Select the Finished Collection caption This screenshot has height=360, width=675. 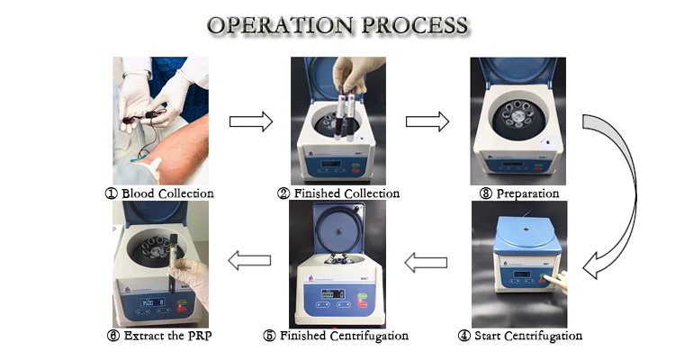[339, 193]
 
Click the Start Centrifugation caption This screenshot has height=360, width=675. [519, 336]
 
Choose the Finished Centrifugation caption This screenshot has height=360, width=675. [339, 336]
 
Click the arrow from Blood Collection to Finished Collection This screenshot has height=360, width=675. [251, 121]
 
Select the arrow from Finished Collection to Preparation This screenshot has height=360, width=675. [429, 121]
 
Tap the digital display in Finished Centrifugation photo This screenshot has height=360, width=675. [328, 293]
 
